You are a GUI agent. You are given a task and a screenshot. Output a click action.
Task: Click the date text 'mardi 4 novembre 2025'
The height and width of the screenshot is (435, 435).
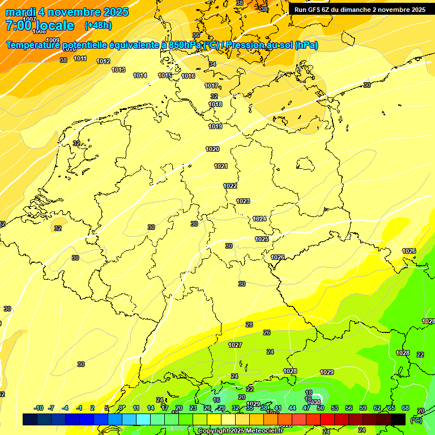pos(67,12)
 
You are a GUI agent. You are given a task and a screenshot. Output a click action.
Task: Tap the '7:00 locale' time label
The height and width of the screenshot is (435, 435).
pos(40,25)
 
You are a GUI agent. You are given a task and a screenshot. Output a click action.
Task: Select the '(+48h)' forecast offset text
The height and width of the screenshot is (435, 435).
pos(98,25)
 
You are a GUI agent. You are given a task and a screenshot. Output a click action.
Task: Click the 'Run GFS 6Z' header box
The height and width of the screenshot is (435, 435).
pos(360,10)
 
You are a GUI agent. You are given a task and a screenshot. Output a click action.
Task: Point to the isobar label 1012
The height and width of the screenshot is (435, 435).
pos(103,61)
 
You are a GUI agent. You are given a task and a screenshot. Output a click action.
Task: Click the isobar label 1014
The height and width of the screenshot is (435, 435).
pos(140,75)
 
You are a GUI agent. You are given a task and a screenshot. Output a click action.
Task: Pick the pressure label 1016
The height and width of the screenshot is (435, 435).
pos(188,76)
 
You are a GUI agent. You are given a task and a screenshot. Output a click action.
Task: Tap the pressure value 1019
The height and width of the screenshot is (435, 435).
pos(215,126)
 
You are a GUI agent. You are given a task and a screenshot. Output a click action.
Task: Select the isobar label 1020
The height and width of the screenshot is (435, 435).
pos(212,149)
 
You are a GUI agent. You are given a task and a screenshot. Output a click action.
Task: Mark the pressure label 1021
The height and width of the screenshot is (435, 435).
pos(221,166)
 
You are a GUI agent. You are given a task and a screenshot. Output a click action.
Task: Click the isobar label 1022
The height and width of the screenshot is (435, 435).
pos(230,186)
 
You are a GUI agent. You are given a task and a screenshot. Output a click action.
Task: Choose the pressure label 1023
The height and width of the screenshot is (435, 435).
pos(243,201)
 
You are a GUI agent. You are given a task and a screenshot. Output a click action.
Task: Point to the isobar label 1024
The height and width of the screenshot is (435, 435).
pos(259,219)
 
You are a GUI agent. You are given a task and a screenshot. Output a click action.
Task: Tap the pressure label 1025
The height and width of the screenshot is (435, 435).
pos(262,239)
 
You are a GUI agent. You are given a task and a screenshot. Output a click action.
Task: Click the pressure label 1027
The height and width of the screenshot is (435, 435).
pos(235,345)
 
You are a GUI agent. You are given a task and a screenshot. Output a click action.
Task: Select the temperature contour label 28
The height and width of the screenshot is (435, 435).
pos(249,325)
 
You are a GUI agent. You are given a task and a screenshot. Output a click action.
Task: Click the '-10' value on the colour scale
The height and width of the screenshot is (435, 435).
pos(39,408)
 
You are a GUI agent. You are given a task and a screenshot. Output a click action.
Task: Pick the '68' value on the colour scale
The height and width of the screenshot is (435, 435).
pos(406,408)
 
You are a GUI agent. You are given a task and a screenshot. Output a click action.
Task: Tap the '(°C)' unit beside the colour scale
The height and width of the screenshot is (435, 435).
pos(416,420)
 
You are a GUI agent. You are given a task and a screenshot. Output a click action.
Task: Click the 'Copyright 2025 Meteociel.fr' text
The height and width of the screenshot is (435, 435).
pos(241,431)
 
